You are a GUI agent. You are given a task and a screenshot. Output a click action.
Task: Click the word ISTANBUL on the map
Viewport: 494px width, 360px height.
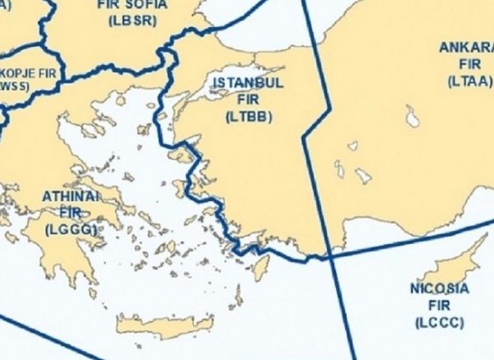248,83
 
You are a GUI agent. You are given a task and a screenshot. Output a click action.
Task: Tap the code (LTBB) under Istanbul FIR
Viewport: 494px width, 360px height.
248,116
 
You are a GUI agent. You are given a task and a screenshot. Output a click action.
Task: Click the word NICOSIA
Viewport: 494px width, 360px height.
439,289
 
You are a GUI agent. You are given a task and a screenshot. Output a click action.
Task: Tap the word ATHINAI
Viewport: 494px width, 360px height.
71,198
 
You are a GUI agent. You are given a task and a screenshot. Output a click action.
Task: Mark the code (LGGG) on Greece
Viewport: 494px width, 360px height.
71,229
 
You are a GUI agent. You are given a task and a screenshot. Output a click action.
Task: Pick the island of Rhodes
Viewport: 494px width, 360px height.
261,266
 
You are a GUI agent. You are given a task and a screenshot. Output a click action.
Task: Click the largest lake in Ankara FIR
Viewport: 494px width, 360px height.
412,116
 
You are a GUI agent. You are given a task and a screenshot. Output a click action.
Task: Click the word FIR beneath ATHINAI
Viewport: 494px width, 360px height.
71,213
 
